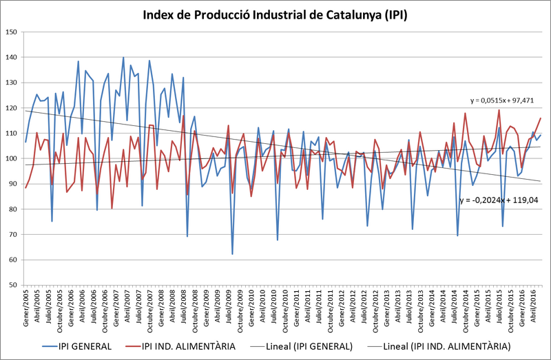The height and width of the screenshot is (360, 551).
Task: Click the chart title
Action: click(x=275, y=15)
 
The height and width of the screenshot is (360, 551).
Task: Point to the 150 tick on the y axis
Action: click(x=11, y=32)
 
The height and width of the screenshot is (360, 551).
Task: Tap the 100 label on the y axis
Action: click(x=11, y=159)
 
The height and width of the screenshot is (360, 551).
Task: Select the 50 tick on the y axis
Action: click(x=12, y=285)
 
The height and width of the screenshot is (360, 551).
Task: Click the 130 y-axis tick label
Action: click(x=11, y=83)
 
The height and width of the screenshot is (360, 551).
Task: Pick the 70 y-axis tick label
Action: click(x=12, y=234)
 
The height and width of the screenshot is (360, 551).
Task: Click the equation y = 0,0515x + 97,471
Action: click(x=502, y=100)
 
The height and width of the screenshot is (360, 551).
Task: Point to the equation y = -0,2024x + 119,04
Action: click(x=499, y=200)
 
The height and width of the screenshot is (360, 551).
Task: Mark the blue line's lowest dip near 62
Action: click(x=232, y=253)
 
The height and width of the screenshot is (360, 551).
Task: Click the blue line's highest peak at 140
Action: click(x=123, y=57)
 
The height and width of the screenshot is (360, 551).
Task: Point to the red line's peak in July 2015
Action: click(x=499, y=110)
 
